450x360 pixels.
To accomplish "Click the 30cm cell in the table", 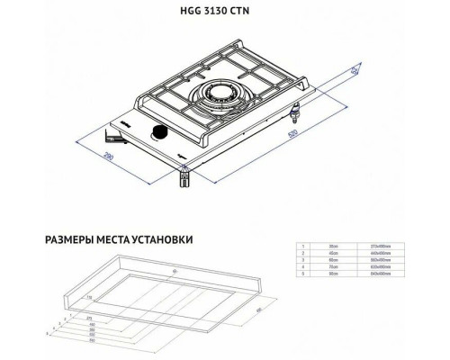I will pos(332,245).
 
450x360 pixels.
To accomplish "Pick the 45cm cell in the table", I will pos(332,253).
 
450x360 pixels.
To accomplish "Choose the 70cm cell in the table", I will pos(332,267).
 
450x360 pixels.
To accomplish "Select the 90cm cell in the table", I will pos(332,275).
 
